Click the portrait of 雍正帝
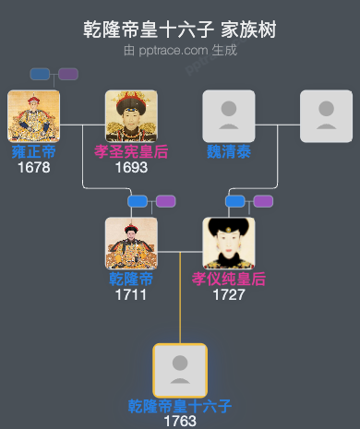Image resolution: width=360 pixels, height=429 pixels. pyautogui.click(x=33, y=116)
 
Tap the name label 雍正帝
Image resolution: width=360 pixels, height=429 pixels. pyautogui.click(x=33, y=152)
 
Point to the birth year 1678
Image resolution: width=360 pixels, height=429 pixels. pyautogui.click(x=33, y=168)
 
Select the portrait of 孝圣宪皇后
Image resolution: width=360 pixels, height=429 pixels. pyautogui.click(x=131, y=116)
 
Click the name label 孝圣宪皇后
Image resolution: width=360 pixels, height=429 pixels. pyautogui.click(x=131, y=152)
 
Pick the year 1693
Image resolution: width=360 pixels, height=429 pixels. pyautogui.click(x=131, y=168)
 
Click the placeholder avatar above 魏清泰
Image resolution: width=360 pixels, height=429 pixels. pyautogui.click(x=228, y=116)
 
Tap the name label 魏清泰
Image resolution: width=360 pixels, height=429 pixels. pyautogui.click(x=228, y=152)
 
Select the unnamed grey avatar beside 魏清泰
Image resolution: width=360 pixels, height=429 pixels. pyautogui.click(x=326, y=116)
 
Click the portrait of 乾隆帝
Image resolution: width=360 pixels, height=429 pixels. pyautogui.click(x=131, y=244)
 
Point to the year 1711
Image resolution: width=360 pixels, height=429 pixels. pyautogui.click(x=131, y=295)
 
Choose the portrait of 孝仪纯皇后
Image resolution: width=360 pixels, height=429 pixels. pyautogui.click(x=228, y=244)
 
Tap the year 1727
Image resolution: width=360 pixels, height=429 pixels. pyautogui.click(x=228, y=295)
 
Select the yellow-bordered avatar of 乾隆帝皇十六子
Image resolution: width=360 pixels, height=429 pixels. pyautogui.click(x=180, y=370)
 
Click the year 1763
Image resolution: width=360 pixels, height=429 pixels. pyautogui.click(x=180, y=421)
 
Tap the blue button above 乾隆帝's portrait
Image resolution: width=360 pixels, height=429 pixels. pyautogui.click(x=138, y=201)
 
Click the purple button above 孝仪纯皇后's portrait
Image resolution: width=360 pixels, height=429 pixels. pyautogui.click(x=263, y=201)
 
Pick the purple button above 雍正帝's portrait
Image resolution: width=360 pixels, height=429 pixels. pyautogui.click(x=68, y=74)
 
